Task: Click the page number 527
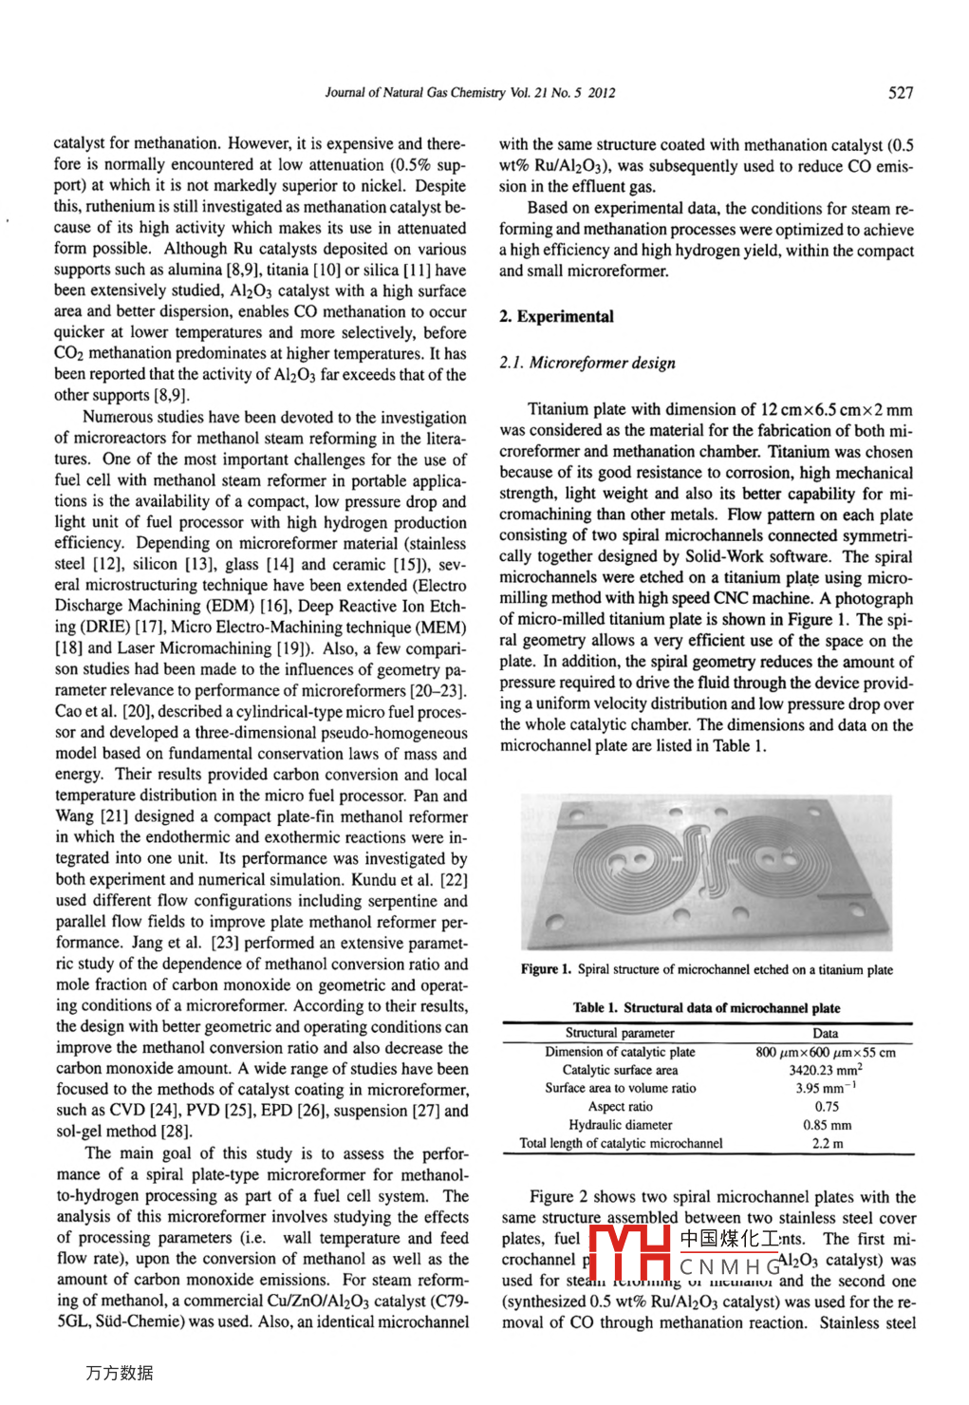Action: click(901, 92)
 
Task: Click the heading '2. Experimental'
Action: click(556, 316)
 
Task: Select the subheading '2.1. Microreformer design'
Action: click(587, 363)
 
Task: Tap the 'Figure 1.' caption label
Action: click(546, 969)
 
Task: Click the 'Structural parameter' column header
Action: click(620, 1033)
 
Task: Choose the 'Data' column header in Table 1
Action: click(825, 1033)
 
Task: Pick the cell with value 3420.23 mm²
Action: click(825, 1070)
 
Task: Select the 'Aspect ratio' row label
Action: click(620, 1107)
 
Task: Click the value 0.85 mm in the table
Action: click(827, 1125)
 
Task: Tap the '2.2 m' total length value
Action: click(827, 1144)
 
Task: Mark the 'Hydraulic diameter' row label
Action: click(620, 1125)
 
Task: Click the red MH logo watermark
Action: click(630, 1253)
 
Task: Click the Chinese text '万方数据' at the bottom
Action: click(120, 1373)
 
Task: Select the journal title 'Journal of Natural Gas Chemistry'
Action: click(415, 93)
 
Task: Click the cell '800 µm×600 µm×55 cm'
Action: click(825, 1052)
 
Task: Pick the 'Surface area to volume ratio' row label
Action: click(620, 1089)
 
